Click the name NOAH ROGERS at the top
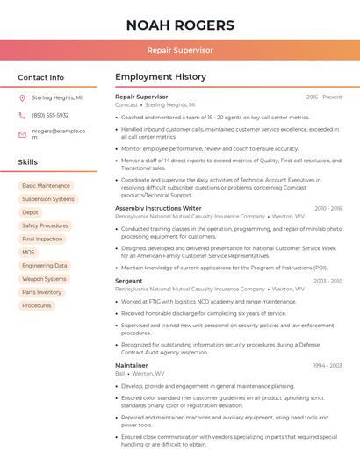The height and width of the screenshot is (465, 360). tap(180, 25)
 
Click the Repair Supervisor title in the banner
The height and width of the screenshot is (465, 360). tap(180, 50)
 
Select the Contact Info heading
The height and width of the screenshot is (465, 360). tap(41, 77)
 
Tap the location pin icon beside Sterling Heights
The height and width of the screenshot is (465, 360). tap(22, 98)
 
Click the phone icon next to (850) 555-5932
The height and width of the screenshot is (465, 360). tap(22, 115)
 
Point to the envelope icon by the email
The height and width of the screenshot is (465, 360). tap(22, 134)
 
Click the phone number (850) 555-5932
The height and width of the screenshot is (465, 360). tap(50, 115)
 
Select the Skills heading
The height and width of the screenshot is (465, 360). tap(28, 162)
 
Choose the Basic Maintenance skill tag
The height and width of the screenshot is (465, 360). tap(46, 186)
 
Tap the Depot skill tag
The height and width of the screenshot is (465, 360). tap(31, 212)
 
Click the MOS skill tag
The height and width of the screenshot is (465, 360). tap(29, 252)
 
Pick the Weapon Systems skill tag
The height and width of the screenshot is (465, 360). tap(44, 279)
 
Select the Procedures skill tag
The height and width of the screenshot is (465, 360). tap(37, 305)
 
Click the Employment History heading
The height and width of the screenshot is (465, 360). tap(161, 77)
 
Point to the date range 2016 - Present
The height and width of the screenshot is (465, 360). tap(324, 97)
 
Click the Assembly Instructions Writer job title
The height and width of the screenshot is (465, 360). tap(158, 208)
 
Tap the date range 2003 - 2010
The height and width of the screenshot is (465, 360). tap(328, 281)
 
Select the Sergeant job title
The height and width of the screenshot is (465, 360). tap(129, 281)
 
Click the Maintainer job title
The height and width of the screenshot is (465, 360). tap(132, 365)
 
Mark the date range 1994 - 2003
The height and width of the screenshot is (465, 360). tap(328, 365)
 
